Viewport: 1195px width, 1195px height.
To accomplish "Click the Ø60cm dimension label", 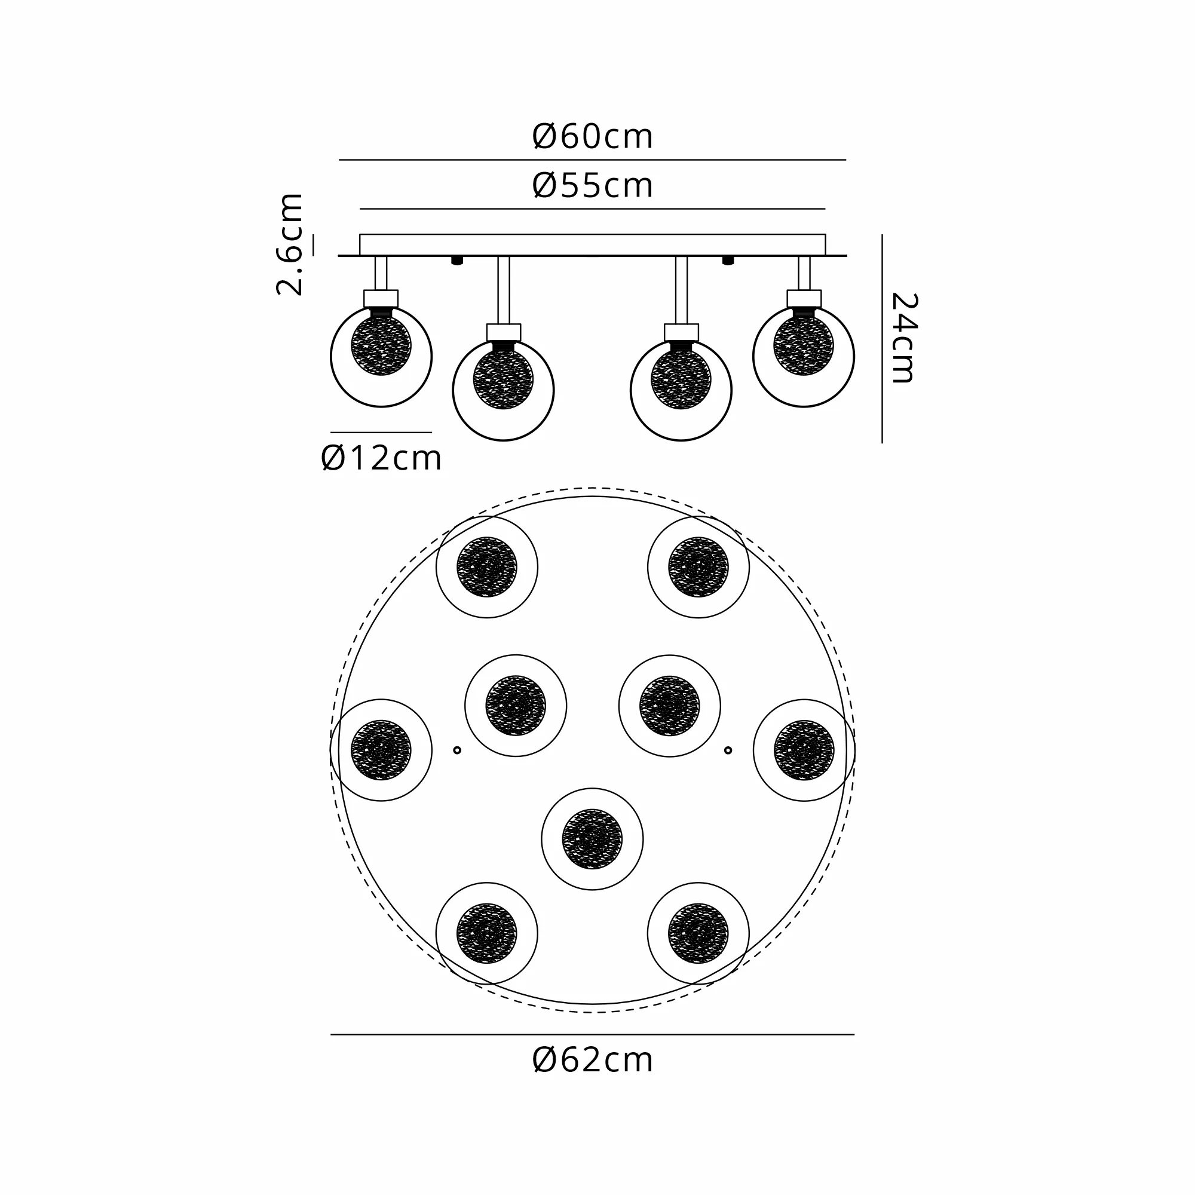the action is tap(592, 137).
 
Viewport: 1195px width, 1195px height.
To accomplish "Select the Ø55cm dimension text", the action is tap(592, 186).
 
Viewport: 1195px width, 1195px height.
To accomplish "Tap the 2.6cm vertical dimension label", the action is tap(289, 244).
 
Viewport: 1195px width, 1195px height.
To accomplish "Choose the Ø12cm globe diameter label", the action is tap(381, 458).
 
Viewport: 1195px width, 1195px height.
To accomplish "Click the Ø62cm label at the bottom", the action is tap(592, 1060).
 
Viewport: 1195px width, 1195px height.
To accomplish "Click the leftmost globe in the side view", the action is tap(381, 356).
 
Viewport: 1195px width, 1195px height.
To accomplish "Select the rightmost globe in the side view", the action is tap(804, 356).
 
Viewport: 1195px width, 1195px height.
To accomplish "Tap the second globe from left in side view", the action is tap(504, 390).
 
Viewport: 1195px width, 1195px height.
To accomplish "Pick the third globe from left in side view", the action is tap(681, 390).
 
